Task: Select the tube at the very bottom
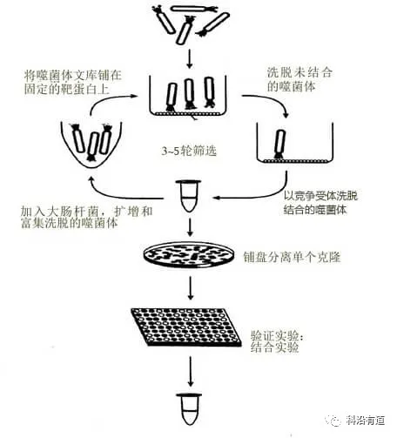coord(192,409)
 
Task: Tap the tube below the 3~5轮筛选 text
coord(191,193)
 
